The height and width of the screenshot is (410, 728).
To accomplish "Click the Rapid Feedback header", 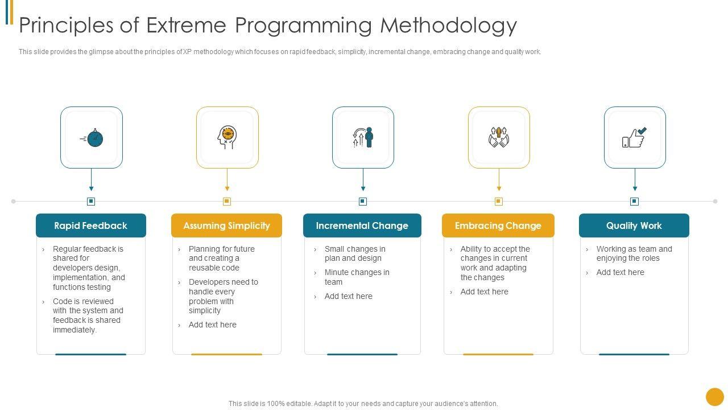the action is (91, 225).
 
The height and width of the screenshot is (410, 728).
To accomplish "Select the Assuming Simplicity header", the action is (226, 225).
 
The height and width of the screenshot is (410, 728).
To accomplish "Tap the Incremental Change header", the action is (362, 225).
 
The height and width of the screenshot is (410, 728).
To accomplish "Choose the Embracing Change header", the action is (498, 225).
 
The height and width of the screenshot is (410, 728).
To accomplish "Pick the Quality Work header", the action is (634, 225).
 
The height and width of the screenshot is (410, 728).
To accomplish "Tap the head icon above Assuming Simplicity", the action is (227, 138).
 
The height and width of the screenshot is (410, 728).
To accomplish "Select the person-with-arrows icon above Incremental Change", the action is (363, 138).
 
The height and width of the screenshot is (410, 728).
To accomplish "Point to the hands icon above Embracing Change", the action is (499, 138).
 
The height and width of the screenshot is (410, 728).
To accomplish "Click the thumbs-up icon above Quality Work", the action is (634, 138).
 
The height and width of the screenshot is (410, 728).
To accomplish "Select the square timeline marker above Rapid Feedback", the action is (91, 201).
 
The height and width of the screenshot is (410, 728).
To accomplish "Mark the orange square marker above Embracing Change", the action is (499, 201).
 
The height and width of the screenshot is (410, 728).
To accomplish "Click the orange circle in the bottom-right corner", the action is (714, 397).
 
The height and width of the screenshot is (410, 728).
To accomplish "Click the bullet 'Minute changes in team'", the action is (357, 277).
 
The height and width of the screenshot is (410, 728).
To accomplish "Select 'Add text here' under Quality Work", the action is (620, 273).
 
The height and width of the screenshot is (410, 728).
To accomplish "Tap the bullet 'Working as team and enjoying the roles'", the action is (634, 253).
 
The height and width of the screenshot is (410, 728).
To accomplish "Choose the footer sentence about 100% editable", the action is (363, 404).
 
